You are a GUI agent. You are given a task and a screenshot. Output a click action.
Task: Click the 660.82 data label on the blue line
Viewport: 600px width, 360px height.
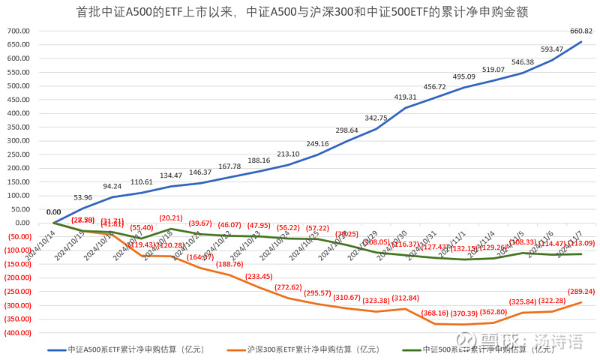[581, 31]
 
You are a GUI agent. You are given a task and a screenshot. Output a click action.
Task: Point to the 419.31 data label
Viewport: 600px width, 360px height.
[406, 97]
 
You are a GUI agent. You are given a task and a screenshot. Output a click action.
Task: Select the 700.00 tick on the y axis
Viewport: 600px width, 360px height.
[17, 31]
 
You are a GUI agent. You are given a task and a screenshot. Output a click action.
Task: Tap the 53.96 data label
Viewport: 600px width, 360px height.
[83, 197]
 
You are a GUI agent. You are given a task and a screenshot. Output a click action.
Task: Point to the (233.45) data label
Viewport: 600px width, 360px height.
[259, 276]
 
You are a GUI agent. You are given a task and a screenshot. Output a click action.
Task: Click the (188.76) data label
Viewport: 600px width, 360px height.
[229, 264]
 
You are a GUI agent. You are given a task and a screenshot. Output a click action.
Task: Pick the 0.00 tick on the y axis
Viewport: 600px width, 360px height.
[20, 223]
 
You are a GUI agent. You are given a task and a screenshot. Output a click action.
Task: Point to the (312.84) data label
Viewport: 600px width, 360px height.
[406, 298]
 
